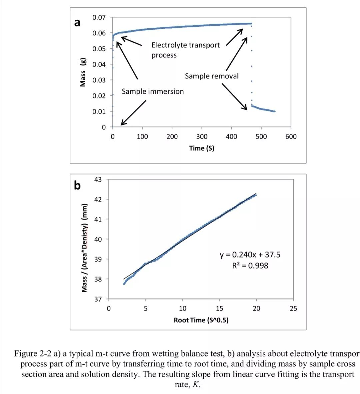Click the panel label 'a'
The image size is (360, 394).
77,23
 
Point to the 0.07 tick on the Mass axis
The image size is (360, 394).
99,17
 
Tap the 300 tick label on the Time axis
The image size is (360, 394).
202,136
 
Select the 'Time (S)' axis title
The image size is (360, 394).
202,148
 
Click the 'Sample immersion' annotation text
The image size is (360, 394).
153,91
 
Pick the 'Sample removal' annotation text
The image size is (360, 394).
212,76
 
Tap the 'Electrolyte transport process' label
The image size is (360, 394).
185,50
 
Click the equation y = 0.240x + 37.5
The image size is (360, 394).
250,255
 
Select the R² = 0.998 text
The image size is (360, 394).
250,266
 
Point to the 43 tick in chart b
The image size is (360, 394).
98,179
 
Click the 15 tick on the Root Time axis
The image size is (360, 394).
219,308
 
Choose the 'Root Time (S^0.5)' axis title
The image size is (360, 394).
201,320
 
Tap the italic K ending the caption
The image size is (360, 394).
196,384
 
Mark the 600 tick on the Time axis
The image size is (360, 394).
291,136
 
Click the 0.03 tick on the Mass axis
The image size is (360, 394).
99,80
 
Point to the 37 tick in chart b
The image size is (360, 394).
98,299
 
